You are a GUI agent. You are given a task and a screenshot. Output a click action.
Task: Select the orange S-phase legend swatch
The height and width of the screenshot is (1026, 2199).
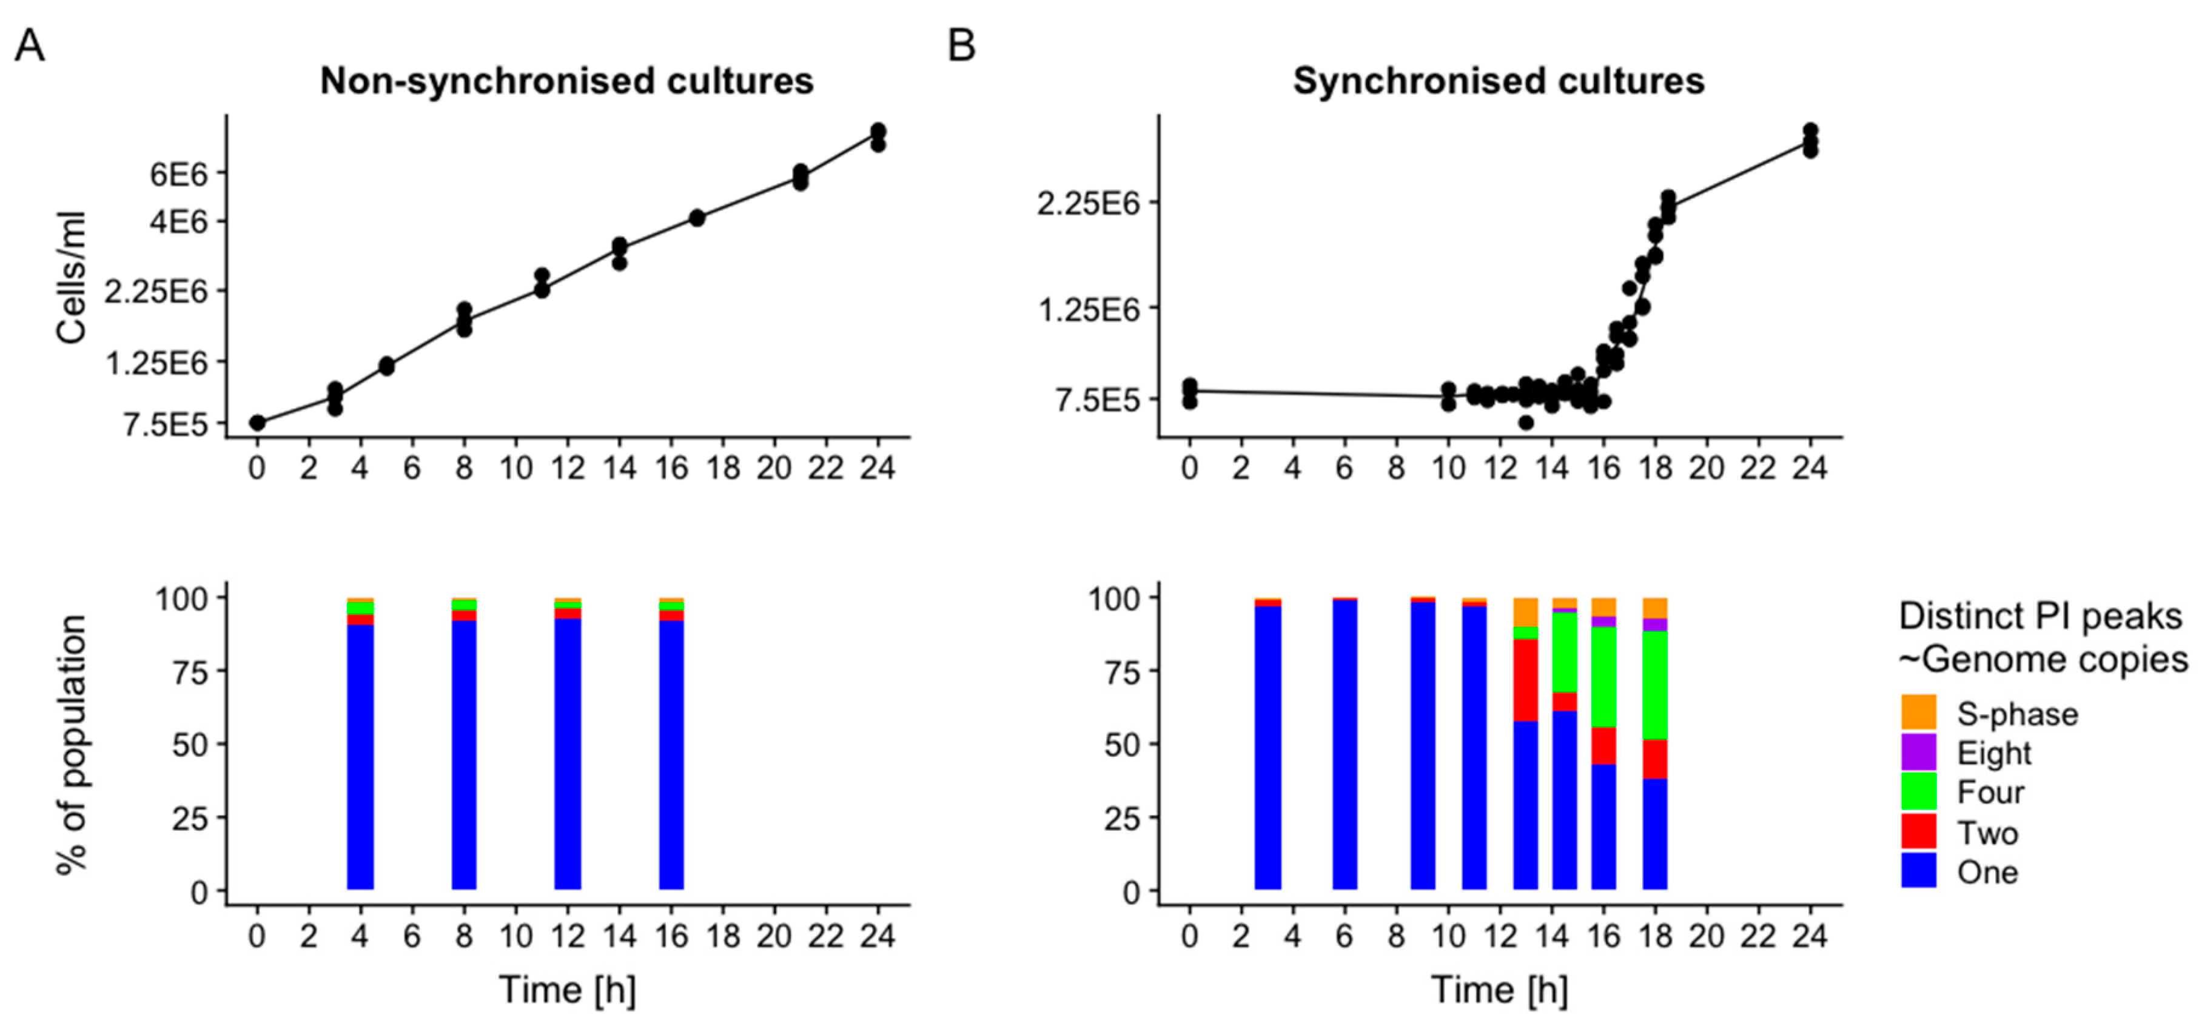pyautogui.click(x=1918, y=712)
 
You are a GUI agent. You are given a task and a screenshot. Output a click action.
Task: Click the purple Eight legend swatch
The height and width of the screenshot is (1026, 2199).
pyautogui.click(x=1918, y=751)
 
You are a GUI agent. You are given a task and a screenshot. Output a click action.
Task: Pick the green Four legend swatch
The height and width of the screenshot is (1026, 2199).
pyautogui.click(x=1918, y=791)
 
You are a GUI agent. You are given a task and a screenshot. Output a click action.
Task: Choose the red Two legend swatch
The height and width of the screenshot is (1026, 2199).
pyautogui.click(x=1918, y=831)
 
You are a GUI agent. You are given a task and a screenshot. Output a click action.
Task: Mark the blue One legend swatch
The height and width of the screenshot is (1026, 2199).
pyautogui.click(x=1918, y=871)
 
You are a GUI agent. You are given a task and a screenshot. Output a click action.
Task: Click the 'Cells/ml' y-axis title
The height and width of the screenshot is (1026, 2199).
pyautogui.click(x=73, y=277)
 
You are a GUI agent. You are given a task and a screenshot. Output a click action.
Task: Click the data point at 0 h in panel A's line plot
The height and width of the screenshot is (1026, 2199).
pyautogui.click(x=257, y=423)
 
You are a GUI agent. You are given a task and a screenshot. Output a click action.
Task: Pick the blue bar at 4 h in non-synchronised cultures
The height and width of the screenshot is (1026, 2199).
pyautogui.click(x=360, y=756)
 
